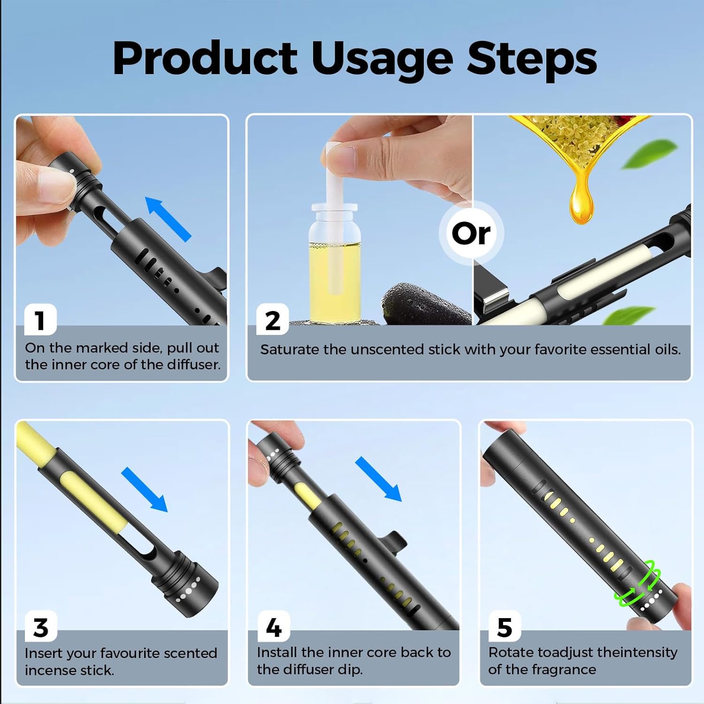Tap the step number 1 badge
point(40,320)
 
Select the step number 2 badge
point(272,320)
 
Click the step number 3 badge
point(41,627)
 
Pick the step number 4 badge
point(274,627)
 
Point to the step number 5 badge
point(505,627)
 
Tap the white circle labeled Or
point(471,233)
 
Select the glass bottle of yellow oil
point(334,263)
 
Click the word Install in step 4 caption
point(277,652)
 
